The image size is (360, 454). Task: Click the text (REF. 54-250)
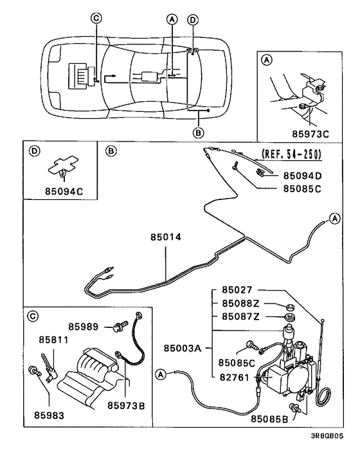(x=291, y=155)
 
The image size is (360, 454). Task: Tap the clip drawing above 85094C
(x=63, y=167)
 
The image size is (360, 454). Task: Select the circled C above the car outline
(x=96, y=19)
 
